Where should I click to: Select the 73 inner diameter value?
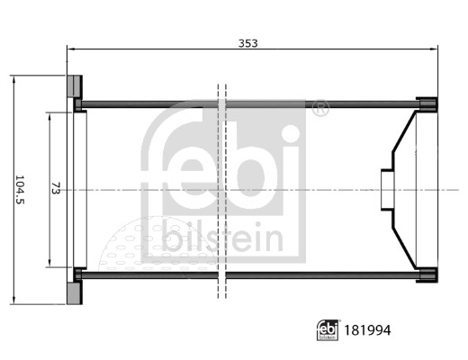(x=56, y=189)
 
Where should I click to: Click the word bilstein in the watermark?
(x=222, y=240)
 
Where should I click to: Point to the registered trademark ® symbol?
(x=319, y=109)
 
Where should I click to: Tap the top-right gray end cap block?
(x=427, y=103)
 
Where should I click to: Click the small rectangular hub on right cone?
(x=387, y=190)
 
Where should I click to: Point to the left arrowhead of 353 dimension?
(x=71, y=49)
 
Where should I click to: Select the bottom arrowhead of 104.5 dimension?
(x=13, y=301)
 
